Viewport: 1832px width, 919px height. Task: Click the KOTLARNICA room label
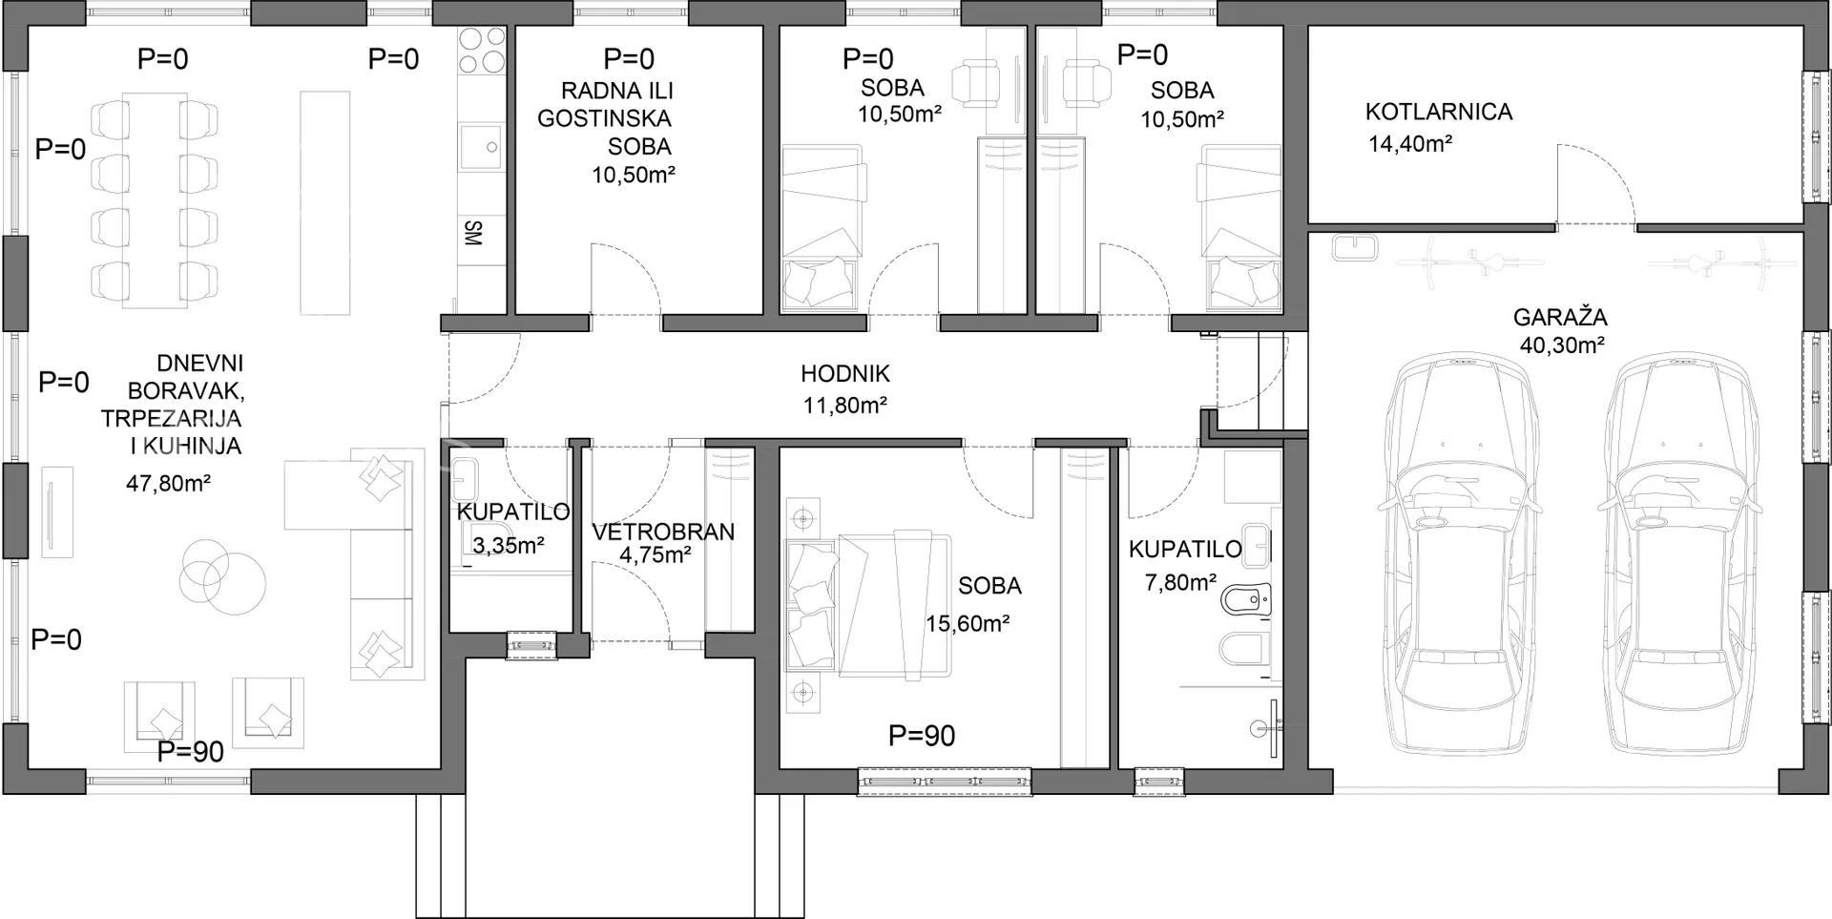[1438, 112]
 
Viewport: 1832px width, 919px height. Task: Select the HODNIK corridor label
[845, 374]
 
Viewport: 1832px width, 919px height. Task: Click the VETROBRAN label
[663, 532]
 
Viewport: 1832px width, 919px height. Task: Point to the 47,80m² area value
[169, 483]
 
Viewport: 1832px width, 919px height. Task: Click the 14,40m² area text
[1410, 144]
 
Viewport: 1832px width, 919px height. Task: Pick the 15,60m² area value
[968, 623]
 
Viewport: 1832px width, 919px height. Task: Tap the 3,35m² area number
[509, 546]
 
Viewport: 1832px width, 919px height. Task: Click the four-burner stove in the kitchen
[482, 51]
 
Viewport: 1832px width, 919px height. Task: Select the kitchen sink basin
[482, 147]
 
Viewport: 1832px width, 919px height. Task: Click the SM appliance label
[472, 233]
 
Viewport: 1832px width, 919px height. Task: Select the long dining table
[155, 199]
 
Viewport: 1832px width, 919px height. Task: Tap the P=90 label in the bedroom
[922, 736]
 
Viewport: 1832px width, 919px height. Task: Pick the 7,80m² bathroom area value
[1180, 582]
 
